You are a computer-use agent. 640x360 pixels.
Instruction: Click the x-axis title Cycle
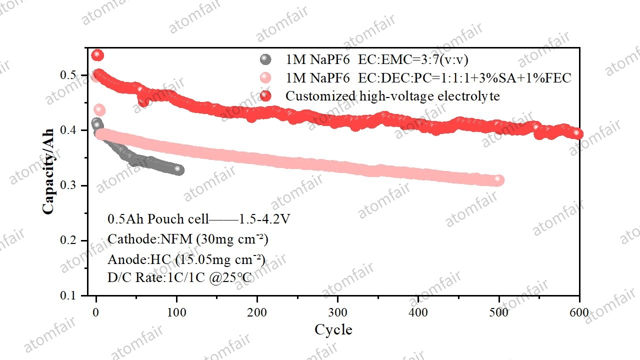[x=333, y=330]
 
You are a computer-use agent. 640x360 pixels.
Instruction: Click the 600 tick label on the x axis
[x=579, y=313]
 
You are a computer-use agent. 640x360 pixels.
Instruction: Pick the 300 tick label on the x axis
[x=338, y=313]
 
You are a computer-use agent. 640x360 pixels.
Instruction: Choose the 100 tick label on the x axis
[x=177, y=313]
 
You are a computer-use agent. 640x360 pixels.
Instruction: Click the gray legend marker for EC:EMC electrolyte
[x=265, y=59]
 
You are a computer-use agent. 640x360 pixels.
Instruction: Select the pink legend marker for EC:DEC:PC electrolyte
[x=265, y=78]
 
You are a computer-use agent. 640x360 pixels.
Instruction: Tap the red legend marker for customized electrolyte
[x=265, y=96]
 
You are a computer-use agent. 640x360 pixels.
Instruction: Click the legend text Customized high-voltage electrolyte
[x=392, y=96]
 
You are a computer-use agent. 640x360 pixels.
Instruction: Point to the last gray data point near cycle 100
[x=179, y=170]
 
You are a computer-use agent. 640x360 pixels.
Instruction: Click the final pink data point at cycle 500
[x=498, y=180]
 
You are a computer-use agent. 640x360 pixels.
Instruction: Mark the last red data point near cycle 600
[x=577, y=133]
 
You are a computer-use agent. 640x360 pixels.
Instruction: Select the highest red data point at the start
[x=97, y=54]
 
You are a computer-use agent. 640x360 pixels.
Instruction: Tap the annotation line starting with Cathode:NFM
[x=188, y=239]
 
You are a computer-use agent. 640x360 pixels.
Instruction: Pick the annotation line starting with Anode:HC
[x=186, y=259]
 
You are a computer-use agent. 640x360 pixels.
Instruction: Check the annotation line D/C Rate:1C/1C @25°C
[x=179, y=277]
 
